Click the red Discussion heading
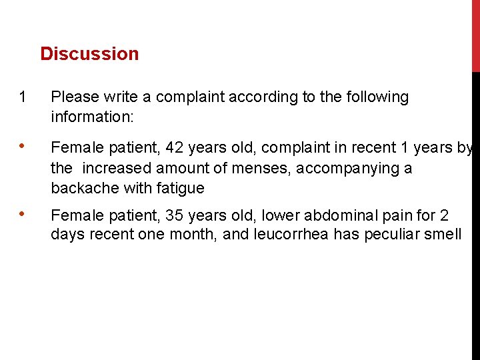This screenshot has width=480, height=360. (x=89, y=54)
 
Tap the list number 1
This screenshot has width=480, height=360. (x=23, y=97)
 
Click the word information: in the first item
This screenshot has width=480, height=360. (x=93, y=117)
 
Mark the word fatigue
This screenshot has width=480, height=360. (x=181, y=188)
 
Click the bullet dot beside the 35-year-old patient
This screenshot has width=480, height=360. (x=23, y=215)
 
